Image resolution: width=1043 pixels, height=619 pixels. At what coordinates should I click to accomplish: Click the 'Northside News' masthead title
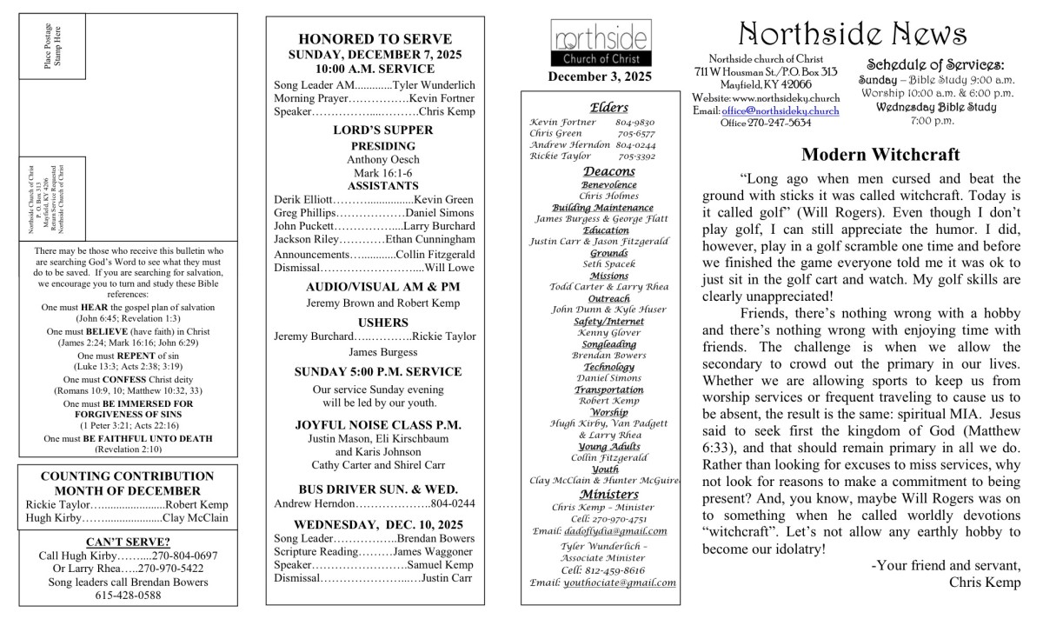tap(853, 34)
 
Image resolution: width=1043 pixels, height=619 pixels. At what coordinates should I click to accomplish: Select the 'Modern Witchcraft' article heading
tap(880, 155)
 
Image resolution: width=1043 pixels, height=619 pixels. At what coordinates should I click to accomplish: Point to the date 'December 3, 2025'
tap(599, 77)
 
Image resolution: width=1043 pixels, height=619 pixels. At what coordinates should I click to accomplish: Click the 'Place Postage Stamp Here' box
tap(53, 46)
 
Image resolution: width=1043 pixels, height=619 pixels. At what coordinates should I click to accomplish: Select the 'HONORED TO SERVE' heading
tap(375, 39)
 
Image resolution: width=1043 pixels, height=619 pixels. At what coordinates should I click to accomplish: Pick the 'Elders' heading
tap(603, 108)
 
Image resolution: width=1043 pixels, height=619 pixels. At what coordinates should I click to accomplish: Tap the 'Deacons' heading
tap(604, 171)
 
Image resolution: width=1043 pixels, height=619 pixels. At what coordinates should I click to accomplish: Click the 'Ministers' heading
tap(603, 494)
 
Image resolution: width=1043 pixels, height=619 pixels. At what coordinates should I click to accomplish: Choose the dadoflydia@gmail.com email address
tap(614, 530)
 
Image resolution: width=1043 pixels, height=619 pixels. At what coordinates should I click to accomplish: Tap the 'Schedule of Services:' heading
tap(934, 64)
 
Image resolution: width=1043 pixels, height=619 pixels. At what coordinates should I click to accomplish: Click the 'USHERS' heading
tap(375, 318)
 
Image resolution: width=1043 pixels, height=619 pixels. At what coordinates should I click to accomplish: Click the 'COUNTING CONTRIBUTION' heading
tap(127, 476)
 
